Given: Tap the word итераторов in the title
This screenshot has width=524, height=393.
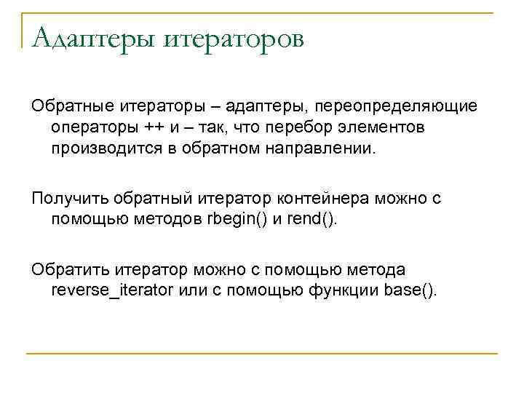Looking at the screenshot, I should [233, 37].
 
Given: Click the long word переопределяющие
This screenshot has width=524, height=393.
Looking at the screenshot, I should [395, 107].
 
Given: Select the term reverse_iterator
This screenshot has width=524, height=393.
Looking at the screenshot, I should [112, 291].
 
